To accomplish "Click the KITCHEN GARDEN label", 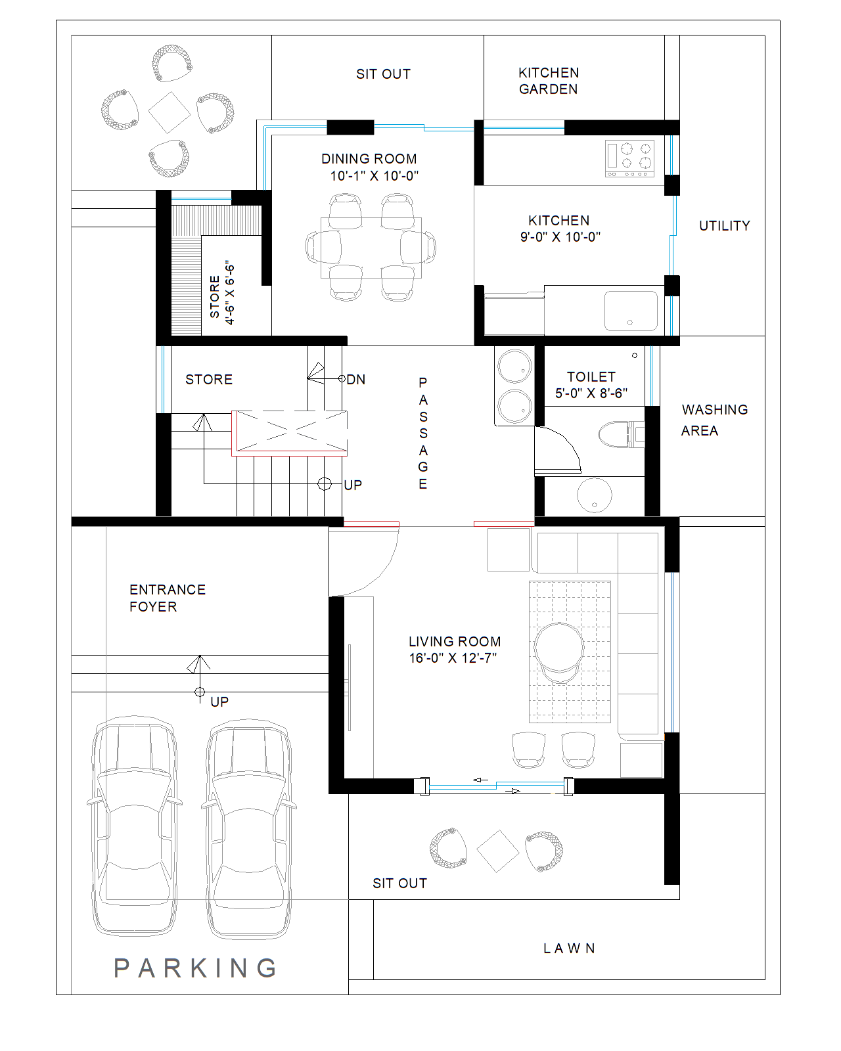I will pos(548,81).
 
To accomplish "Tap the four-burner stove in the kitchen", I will pos(629,158).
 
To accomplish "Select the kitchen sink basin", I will pos(631,311).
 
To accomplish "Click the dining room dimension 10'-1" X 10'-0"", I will pos(374,176).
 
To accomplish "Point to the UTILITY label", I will pos(724,226).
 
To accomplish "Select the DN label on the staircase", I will pos(356,380).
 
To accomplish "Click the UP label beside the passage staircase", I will pos(353,485).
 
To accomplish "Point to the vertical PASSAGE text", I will pos(423,433).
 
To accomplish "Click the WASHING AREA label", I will pos(714,420).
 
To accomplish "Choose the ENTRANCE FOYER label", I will pos(167,598).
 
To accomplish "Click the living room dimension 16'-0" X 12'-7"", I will pos(453,658).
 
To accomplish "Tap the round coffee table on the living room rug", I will pos(558,647).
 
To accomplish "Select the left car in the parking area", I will pos(135,828).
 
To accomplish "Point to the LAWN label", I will pos(569,949).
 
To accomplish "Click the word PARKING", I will pos(196,968).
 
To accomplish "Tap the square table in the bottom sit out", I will pos(498,851).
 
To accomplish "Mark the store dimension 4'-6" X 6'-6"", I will pos(229,294).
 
